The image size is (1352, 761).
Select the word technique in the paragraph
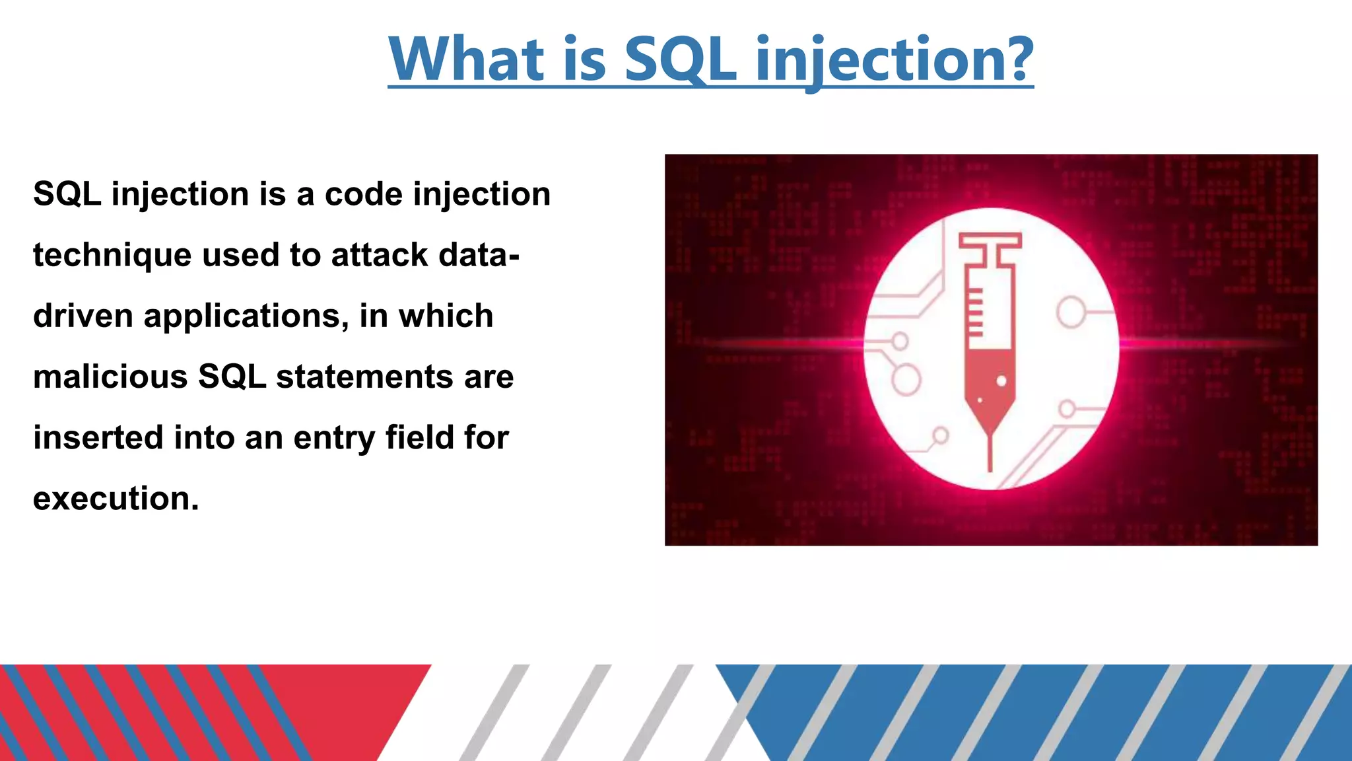(x=112, y=256)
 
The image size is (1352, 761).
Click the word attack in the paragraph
(x=380, y=255)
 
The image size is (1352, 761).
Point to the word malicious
(x=110, y=377)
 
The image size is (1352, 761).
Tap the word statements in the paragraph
(x=364, y=377)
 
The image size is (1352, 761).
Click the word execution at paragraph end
(x=116, y=499)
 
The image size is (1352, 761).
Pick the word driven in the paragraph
(x=83, y=316)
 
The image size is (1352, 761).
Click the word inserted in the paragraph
(x=98, y=437)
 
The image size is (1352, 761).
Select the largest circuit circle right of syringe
(x=1071, y=312)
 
